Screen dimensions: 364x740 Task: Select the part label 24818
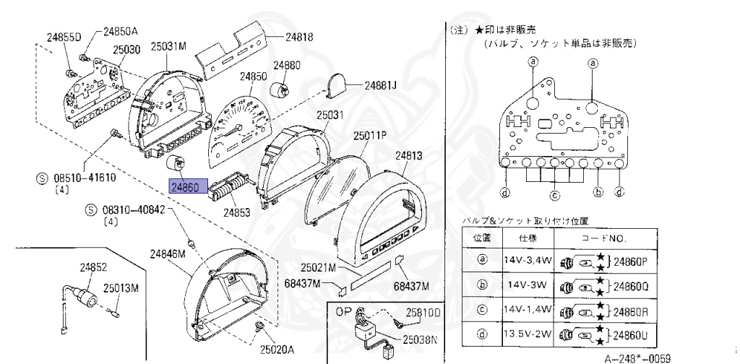pos(298,36)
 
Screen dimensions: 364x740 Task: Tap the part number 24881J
pos(381,84)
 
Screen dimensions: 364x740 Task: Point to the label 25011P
pos(370,135)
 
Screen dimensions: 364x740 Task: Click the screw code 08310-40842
pos(132,210)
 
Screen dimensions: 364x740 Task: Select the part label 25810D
pos(423,313)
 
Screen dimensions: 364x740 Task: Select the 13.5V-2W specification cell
pos(528,334)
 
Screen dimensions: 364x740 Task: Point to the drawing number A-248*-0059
pos(637,357)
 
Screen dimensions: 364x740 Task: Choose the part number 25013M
pos(120,287)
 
